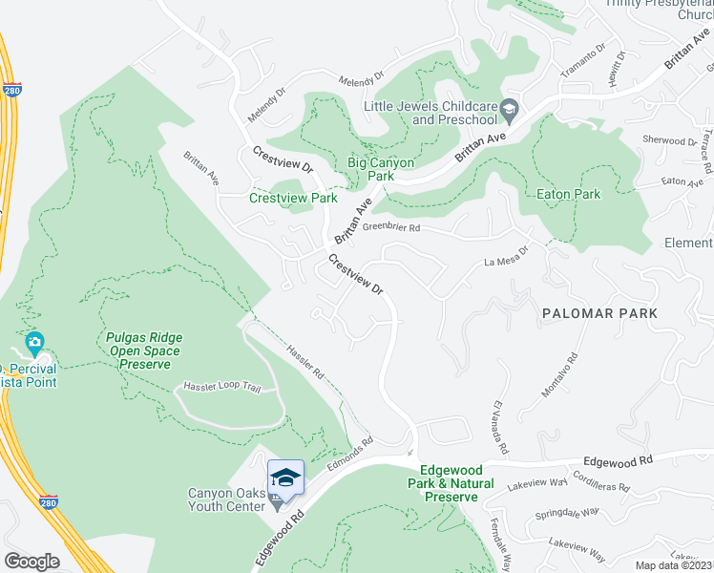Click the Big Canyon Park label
click(381, 169)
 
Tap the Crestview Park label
click(293, 199)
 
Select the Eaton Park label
click(568, 194)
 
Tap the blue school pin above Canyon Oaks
click(285, 476)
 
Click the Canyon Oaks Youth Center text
click(225, 499)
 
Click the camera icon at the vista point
click(35, 342)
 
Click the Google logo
click(31, 562)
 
